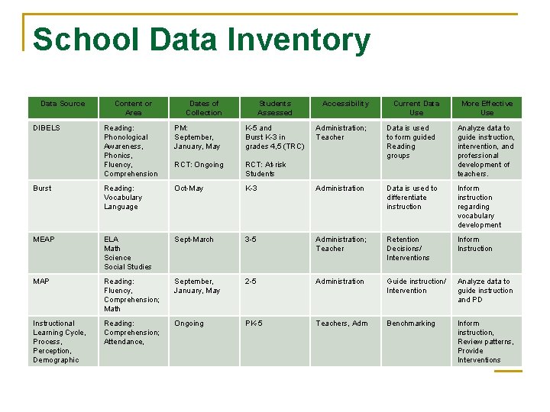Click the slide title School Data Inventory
202,40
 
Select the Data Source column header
63,104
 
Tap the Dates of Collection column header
204,108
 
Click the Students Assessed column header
275,108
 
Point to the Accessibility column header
345,104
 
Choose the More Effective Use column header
487,108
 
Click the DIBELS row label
46,128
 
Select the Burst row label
42,188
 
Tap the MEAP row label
44,240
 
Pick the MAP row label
41,282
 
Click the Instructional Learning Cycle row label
59,341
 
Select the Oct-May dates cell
189,188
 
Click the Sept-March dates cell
194,240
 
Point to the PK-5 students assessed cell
254,323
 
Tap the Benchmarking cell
410,323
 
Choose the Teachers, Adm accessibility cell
341,323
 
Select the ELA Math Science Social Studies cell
128,253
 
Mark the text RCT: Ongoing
199,165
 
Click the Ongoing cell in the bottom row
189,323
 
